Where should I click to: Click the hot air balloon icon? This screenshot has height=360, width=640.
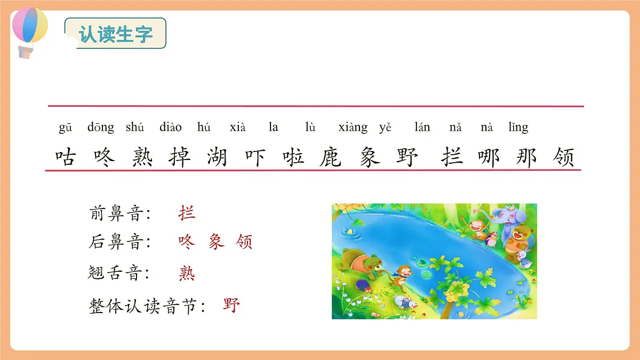click(29, 29)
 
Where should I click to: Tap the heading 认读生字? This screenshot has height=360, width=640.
click(116, 34)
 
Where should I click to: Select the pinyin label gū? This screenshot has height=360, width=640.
click(65, 127)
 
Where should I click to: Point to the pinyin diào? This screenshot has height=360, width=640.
click(171, 127)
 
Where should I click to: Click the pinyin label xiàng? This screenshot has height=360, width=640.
click(353, 127)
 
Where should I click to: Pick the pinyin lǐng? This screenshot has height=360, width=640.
click(518, 127)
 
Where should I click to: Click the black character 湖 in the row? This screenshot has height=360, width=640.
click(217, 157)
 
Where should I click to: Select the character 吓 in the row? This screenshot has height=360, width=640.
click(255, 157)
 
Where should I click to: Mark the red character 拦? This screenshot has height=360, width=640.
click(187, 213)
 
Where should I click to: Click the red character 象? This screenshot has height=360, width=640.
click(216, 242)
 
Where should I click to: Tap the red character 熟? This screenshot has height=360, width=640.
click(187, 274)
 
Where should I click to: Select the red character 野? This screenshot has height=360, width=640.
click(232, 306)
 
